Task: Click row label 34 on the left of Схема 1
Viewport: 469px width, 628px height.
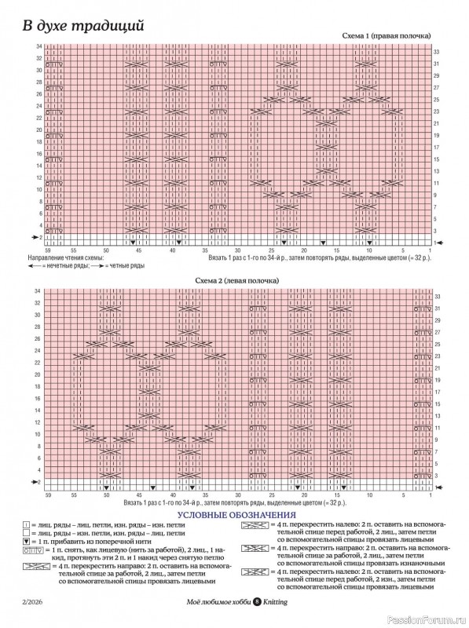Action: coord(38,47)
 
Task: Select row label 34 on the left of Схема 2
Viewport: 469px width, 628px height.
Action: coord(38,291)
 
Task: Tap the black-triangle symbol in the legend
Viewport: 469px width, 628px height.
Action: coord(27,542)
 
